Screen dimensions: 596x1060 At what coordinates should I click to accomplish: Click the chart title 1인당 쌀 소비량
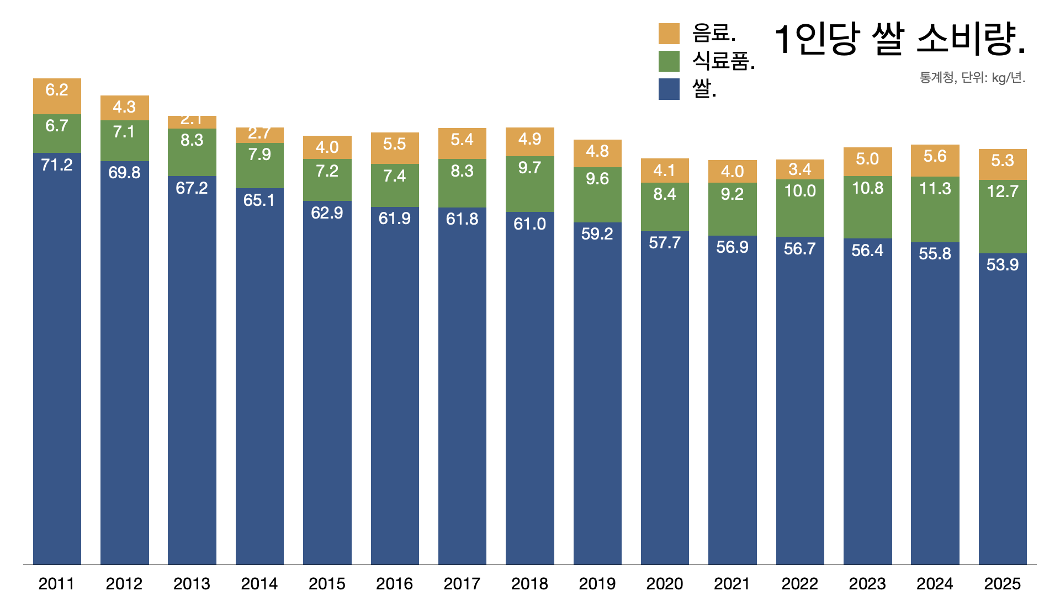[900, 39]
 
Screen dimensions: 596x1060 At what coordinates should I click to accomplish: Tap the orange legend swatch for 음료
[669, 34]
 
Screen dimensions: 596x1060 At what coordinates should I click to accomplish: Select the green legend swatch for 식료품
[669, 61]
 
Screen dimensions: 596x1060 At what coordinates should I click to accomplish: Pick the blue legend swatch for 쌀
[669, 89]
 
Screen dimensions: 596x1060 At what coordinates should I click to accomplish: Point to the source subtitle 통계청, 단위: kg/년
[972, 78]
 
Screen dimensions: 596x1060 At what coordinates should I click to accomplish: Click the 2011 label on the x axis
[56, 583]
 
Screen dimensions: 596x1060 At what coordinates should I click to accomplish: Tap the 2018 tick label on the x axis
[529, 583]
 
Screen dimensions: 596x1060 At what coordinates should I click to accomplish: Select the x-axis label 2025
[1002, 583]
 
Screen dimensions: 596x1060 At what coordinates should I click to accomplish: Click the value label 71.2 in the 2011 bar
[57, 164]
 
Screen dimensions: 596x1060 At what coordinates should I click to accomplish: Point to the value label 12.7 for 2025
[1002, 191]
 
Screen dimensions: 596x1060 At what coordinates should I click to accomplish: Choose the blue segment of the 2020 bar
[665, 397]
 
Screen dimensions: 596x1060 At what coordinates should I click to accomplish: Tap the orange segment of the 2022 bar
[800, 169]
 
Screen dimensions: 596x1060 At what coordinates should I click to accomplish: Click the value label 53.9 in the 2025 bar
[1002, 264]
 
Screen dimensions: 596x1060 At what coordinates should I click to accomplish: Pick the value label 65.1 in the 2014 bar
[259, 200]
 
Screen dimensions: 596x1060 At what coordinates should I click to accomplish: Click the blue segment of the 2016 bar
[395, 386]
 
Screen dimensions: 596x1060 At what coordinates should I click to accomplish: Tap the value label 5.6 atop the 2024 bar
[935, 156]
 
